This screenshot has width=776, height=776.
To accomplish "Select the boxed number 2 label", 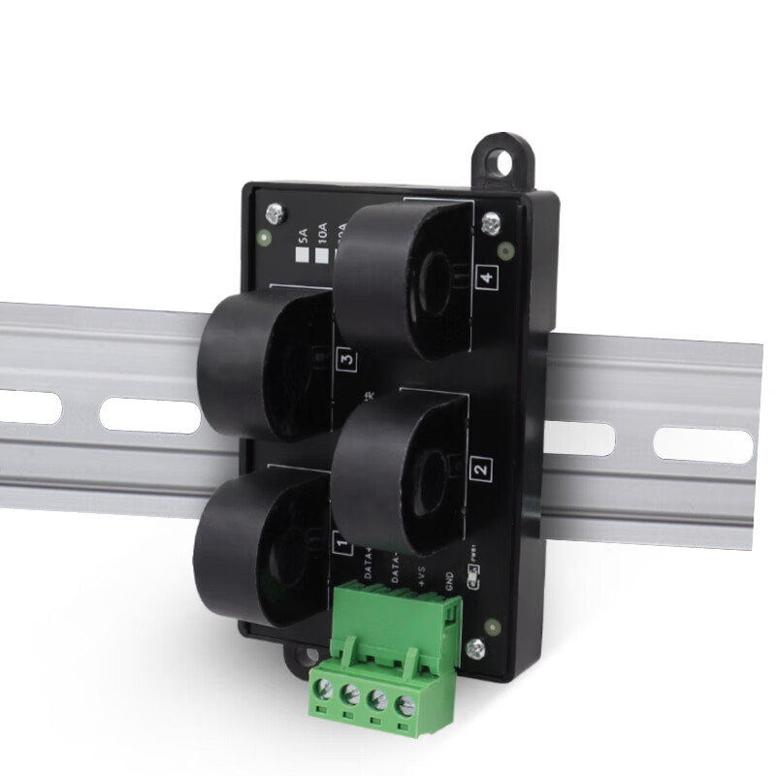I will pyautogui.click(x=479, y=470).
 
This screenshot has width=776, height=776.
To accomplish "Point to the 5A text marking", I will pyautogui.click(x=301, y=235).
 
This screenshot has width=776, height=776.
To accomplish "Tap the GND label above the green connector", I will pyautogui.click(x=449, y=581).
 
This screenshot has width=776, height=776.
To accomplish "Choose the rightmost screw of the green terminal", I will pyautogui.click(x=399, y=697).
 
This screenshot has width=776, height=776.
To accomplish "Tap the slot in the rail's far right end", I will pyautogui.click(x=702, y=444).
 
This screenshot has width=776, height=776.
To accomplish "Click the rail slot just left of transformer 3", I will pyautogui.click(x=149, y=415).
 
